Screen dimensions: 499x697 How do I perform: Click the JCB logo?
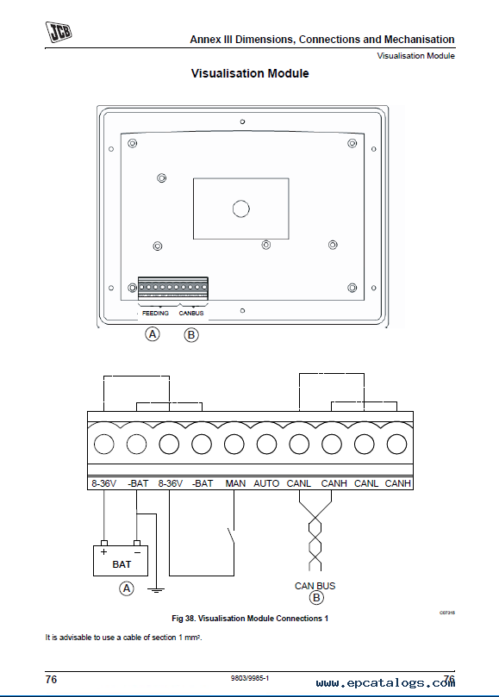point(59,32)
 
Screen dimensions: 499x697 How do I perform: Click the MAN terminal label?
point(235,483)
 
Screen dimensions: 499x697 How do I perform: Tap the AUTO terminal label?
point(266,483)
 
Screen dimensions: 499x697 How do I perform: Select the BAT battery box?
point(121,561)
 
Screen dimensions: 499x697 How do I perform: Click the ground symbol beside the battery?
point(156,590)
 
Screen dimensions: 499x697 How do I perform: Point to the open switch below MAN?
point(231,536)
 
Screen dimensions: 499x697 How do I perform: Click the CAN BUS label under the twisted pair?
point(315,586)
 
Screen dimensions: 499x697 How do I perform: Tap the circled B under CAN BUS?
point(316,598)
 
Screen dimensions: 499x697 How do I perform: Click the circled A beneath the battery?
point(127,588)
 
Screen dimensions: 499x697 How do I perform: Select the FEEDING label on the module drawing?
point(155,313)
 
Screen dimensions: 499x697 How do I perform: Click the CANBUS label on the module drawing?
point(191,313)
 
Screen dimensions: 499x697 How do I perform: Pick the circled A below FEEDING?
point(153,333)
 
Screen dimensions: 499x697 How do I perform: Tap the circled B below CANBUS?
point(191,335)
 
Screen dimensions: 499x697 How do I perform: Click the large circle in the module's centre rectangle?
point(241,208)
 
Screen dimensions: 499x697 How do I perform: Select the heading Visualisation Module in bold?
point(250,73)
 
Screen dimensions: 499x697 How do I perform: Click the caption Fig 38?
point(250,619)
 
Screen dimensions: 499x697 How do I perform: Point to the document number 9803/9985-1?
point(250,678)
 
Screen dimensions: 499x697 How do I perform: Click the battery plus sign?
point(104,552)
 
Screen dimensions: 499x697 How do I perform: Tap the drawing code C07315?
point(447,613)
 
